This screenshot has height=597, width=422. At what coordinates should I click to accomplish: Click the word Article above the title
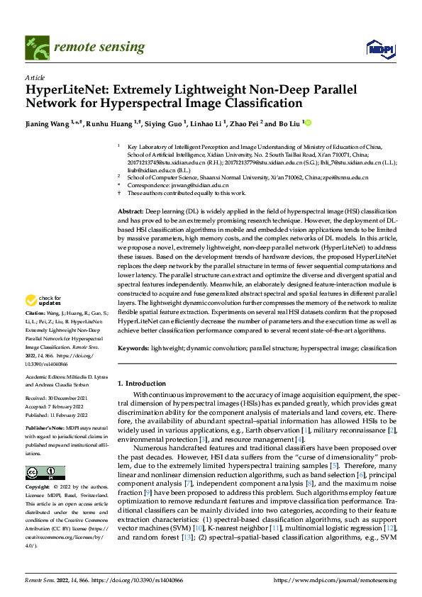34,77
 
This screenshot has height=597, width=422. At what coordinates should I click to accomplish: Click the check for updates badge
44,301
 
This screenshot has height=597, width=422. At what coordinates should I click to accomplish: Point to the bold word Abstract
131,211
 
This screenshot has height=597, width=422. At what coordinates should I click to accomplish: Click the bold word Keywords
133,349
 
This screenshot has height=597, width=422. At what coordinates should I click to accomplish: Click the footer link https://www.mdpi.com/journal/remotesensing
335,579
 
